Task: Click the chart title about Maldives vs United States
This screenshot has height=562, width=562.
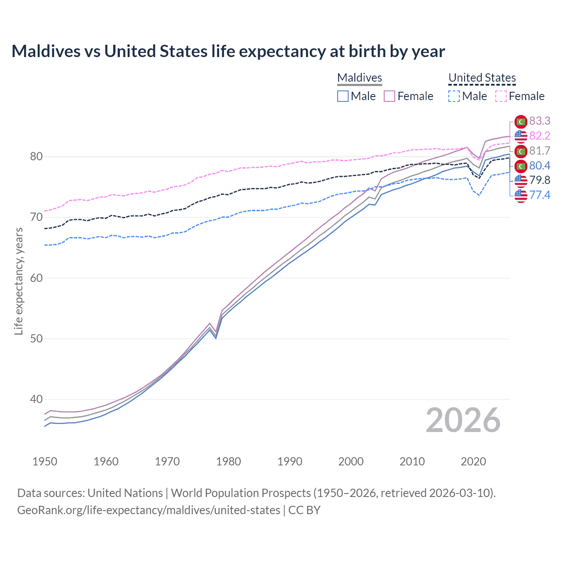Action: [x=228, y=51]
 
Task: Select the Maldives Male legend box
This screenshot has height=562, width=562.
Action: [x=343, y=96]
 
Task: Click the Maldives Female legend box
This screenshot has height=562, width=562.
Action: [x=389, y=96]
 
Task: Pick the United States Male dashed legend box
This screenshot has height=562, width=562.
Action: [x=454, y=96]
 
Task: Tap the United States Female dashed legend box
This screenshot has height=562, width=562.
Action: [x=501, y=96]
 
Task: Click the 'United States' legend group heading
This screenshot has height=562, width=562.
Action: [x=482, y=78]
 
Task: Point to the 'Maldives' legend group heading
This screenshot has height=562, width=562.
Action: [x=360, y=78]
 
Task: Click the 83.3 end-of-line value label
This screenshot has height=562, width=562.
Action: [x=540, y=121]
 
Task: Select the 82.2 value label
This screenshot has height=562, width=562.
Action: [x=540, y=136]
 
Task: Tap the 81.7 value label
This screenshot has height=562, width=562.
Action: [x=540, y=151]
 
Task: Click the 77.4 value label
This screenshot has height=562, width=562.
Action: [x=540, y=195]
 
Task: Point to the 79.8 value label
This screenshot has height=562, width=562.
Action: [x=540, y=180]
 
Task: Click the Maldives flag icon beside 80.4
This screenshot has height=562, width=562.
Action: [x=521, y=166]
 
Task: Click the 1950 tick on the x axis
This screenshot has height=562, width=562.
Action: [x=45, y=461]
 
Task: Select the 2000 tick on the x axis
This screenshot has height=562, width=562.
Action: [x=351, y=461]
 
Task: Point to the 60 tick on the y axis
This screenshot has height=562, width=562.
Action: [x=36, y=278]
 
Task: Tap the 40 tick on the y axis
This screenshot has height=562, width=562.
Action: [x=36, y=399]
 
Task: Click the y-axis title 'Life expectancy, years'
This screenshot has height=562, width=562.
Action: [x=18, y=281]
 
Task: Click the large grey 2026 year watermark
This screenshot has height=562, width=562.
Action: [x=463, y=420]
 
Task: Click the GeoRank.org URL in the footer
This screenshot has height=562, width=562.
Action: [x=148, y=510]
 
